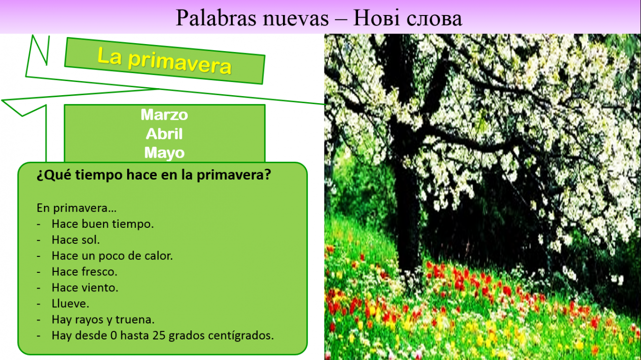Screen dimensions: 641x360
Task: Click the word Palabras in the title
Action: [216, 18]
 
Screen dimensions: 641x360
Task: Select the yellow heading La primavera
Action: [164, 61]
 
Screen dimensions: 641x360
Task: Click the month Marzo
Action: [164, 115]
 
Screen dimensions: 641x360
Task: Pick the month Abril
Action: [164, 134]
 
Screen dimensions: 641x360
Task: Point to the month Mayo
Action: [164, 153]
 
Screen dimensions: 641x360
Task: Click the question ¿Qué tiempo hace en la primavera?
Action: [154, 175]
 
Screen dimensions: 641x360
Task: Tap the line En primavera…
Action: [77, 208]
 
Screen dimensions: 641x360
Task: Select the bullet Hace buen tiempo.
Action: [103, 224]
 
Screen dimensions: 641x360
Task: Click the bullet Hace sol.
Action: [76, 240]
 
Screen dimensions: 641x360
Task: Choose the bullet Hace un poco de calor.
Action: [112, 256]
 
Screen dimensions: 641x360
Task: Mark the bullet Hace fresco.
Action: [85, 271]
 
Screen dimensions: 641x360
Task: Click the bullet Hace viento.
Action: [85, 287]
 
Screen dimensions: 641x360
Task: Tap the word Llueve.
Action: [71, 303]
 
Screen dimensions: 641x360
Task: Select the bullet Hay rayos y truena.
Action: [103, 319]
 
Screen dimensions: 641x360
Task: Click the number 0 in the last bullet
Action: [114, 335]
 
